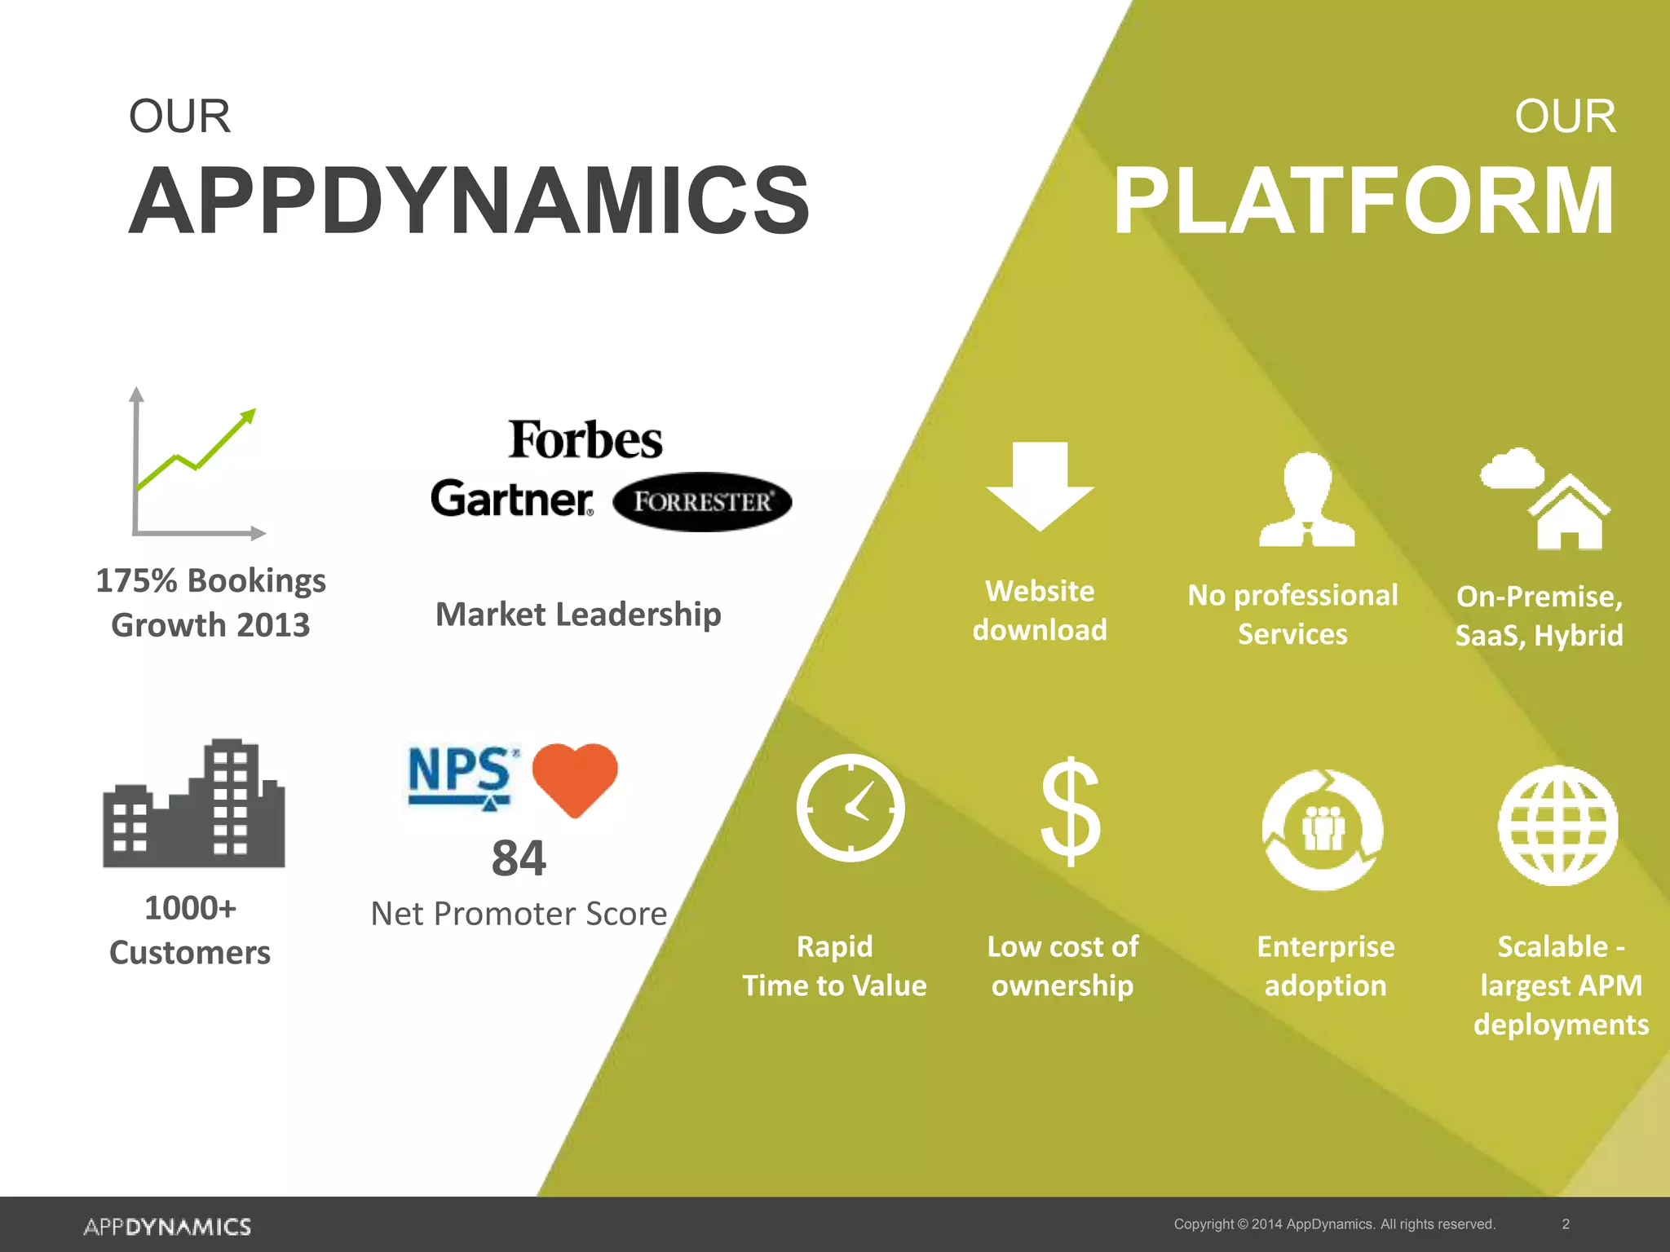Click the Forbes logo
pos(585,440)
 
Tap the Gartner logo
pos(512,499)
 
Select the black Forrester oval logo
pos(702,501)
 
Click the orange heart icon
pos(575,777)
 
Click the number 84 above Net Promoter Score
pos(519,858)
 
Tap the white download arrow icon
pos(1040,486)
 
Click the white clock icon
pos(850,808)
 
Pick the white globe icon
pos(1558,826)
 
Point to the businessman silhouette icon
pos(1307,499)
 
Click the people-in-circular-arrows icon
pos(1323,830)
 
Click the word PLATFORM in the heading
pos(1363,201)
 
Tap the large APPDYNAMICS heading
pos(469,201)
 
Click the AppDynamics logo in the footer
pos(167,1227)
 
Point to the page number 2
pos(1566,1223)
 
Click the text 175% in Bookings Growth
pos(136,580)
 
